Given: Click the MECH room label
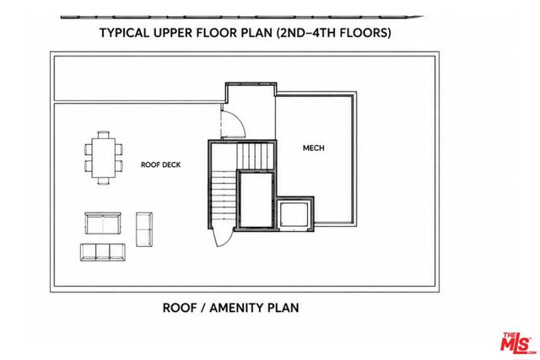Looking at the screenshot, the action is (313, 148).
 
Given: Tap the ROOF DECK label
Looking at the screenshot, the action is (161, 165).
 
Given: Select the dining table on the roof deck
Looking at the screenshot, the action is (103, 158).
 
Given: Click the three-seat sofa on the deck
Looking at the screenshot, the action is (103, 252).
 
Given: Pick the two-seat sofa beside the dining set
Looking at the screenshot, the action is (103, 223).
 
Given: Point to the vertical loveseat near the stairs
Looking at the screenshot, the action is (144, 229).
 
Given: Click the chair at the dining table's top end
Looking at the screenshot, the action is (103, 135).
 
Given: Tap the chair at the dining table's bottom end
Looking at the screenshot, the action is (103, 181).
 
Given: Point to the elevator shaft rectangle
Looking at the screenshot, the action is (256, 200).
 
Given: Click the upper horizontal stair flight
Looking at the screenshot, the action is (255, 156).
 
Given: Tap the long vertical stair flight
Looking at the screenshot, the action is (223, 199).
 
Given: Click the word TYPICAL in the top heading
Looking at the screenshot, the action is (125, 33).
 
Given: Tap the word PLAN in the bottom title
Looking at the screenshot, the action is (283, 308).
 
